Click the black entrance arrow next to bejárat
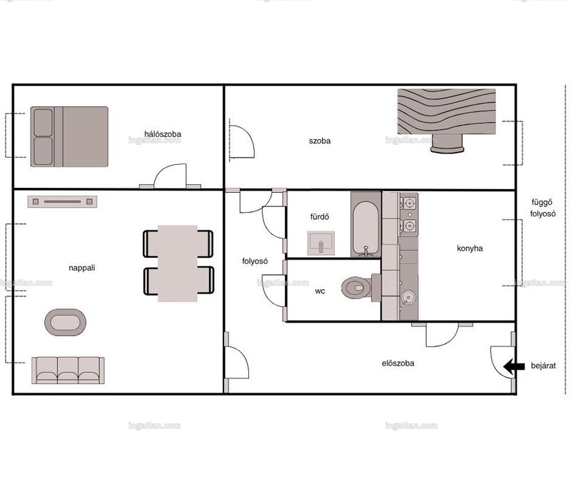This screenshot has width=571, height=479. (514, 366)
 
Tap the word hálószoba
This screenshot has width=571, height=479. (163, 134)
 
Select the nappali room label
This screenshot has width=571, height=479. (82, 268)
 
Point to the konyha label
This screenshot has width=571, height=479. (470, 248)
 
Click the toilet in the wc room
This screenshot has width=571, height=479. (360, 288)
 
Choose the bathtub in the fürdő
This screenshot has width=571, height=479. (365, 224)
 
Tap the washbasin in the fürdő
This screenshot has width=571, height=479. (320, 243)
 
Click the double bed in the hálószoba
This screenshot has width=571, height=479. (69, 136)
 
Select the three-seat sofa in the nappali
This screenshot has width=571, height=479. (68, 370)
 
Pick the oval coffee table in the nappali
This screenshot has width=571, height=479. (65, 323)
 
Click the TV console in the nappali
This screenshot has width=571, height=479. (62, 201)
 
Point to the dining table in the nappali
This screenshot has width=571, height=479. (178, 263)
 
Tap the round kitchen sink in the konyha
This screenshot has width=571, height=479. (408, 298)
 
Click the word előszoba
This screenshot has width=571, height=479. (398, 363)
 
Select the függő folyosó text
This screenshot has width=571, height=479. (542, 208)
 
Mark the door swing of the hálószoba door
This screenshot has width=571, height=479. (170, 176)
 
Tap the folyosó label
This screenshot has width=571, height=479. (255, 261)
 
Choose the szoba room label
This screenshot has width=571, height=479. (320, 141)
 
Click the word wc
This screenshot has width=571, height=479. (320, 291)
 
